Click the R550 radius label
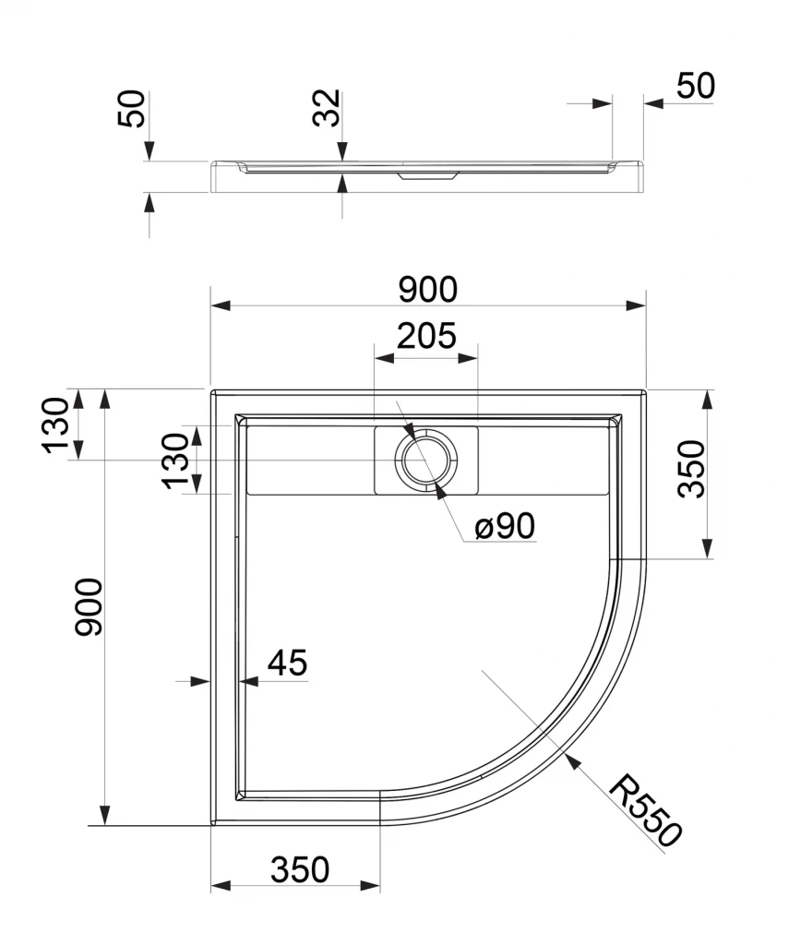coord(645,810)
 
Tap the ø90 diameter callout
coord(505,525)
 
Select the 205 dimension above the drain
coord(426,336)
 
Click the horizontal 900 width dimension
coord(428,289)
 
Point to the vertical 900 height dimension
coord(89,607)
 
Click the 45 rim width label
coord(288,663)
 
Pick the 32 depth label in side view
coord(327,108)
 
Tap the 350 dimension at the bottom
coord(300,869)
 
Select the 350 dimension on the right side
coord(691,469)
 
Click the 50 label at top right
coord(696,86)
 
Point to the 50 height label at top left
coord(131,109)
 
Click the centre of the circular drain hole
coord(426,460)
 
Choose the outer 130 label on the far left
coord(55,425)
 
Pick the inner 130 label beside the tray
coord(175,461)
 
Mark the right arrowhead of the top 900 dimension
coord(636,305)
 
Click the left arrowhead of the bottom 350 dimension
coord(221,885)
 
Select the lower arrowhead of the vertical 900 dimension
coord(105,816)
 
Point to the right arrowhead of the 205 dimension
coord(468,358)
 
